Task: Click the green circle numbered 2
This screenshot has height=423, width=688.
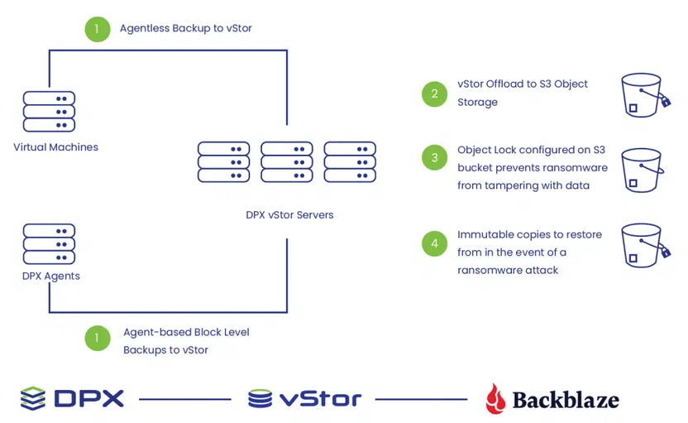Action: point(434,94)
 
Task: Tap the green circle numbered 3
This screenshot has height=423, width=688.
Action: point(434,157)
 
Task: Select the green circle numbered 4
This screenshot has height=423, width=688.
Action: point(434,243)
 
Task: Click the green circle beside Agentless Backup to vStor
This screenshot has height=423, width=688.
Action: point(98,30)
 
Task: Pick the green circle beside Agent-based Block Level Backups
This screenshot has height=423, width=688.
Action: point(98,339)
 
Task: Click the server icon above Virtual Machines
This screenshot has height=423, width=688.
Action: point(49,112)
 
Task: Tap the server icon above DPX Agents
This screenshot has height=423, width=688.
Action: point(49,244)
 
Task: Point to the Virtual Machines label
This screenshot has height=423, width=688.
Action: point(55,147)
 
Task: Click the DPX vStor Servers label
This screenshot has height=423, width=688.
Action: point(289,214)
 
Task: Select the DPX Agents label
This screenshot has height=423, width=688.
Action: point(51,276)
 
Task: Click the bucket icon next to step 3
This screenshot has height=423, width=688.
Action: point(643,171)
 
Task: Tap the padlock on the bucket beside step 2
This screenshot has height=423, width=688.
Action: point(666,102)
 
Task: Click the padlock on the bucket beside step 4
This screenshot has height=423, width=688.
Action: point(666,252)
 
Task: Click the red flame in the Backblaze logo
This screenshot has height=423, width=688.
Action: point(495,398)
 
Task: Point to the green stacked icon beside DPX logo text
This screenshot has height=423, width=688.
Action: point(33,398)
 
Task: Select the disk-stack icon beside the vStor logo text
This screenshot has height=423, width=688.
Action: point(260,398)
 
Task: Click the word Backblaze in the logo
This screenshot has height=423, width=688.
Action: point(566,400)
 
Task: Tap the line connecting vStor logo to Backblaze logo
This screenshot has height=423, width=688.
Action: point(421,399)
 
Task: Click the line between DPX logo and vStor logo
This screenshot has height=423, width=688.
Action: point(185,399)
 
